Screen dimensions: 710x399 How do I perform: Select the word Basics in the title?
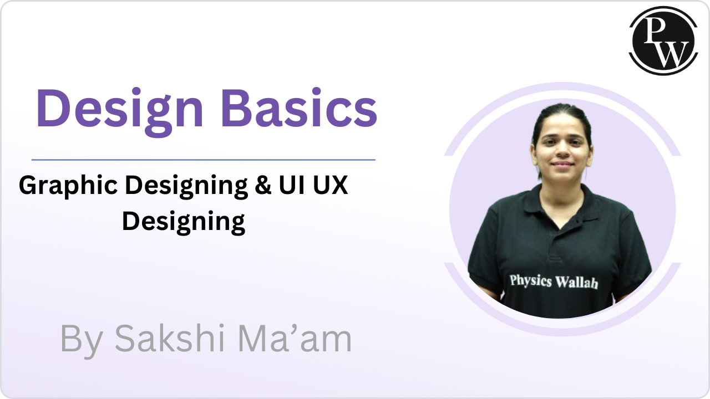[x=299, y=108]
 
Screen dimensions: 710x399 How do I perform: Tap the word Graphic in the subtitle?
[x=68, y=186]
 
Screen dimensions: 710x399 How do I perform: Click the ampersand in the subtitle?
[x=263, y=185]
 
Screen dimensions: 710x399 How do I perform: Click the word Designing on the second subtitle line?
[x=184, y=222]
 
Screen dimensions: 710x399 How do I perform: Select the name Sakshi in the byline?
[x=170, y=338]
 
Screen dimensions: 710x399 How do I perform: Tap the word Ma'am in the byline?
[x=295, y=338]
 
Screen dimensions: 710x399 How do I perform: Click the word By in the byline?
[x=82, y=341]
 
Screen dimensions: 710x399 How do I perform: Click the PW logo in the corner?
[x=663, y=40]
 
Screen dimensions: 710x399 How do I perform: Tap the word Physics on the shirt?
[x=531, y=280]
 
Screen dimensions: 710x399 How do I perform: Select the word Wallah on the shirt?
[x=577, y=283]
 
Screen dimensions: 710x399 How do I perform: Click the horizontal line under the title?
[x=204, y=160]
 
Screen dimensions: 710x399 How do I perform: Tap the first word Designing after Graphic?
[x=186, y=186]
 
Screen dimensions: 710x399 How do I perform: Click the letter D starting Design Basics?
[x=52, y=108]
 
